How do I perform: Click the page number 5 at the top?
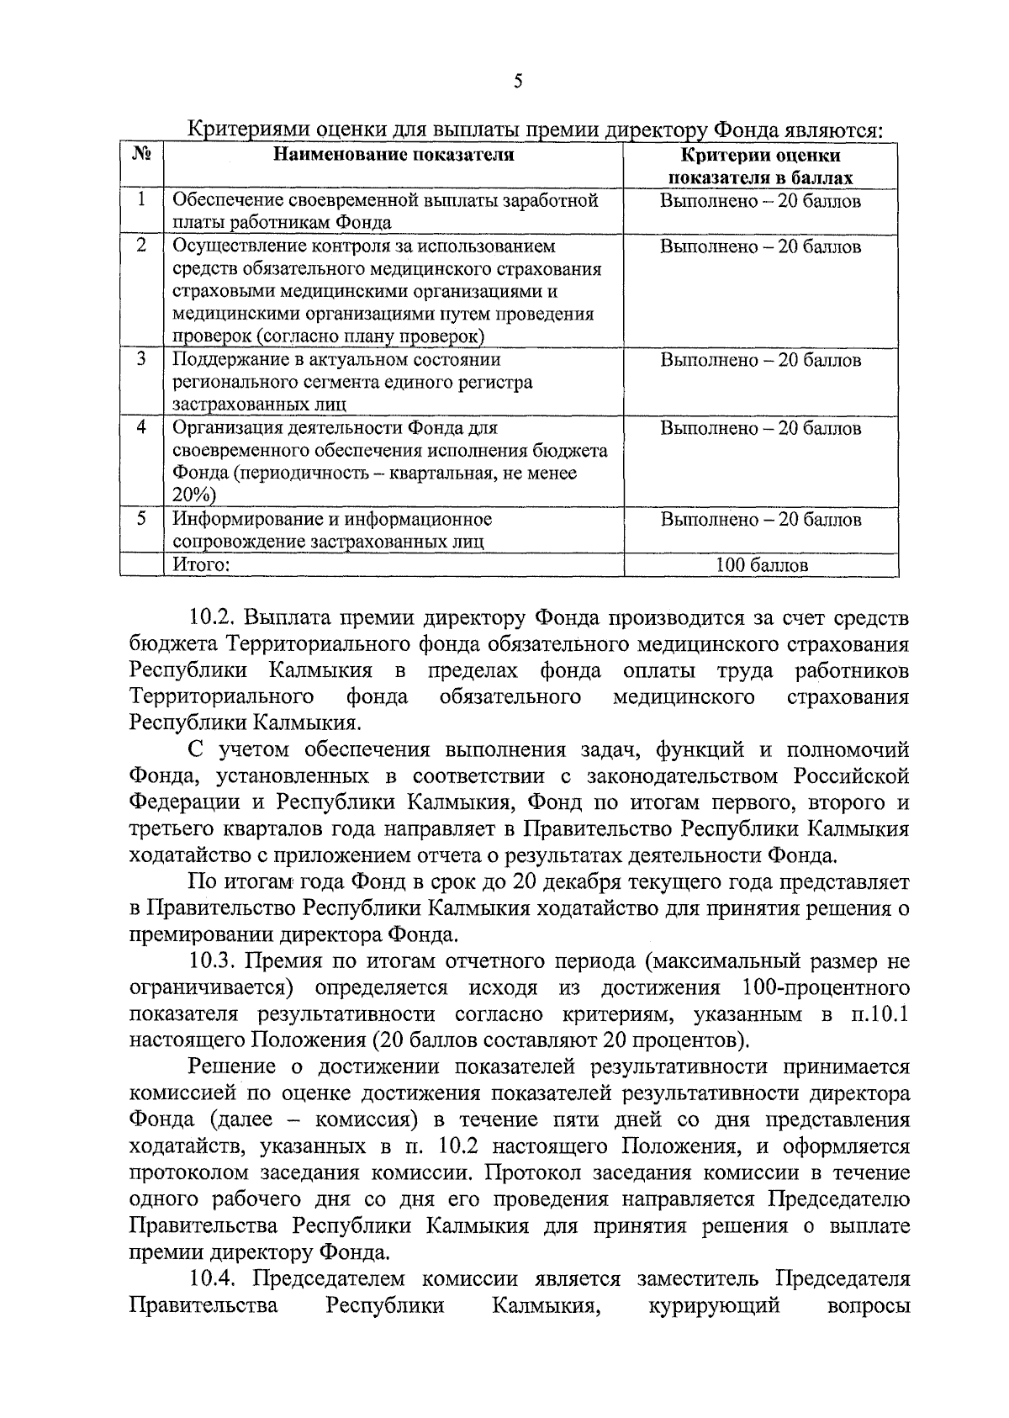click(x=518, y=82)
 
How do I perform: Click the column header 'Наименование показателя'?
click(x=393, y=155)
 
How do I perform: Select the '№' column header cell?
click(x=141, y=155)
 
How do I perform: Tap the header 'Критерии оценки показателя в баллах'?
click(x=760, y=167)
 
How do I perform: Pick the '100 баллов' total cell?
click(x=761, y=565)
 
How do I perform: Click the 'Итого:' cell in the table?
click(x=202, y=565)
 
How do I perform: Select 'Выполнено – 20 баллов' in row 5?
click(x=760, y=520)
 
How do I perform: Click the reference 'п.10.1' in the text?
click(x=880, y=1014)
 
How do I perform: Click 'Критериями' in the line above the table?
click(x=244, y=130)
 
